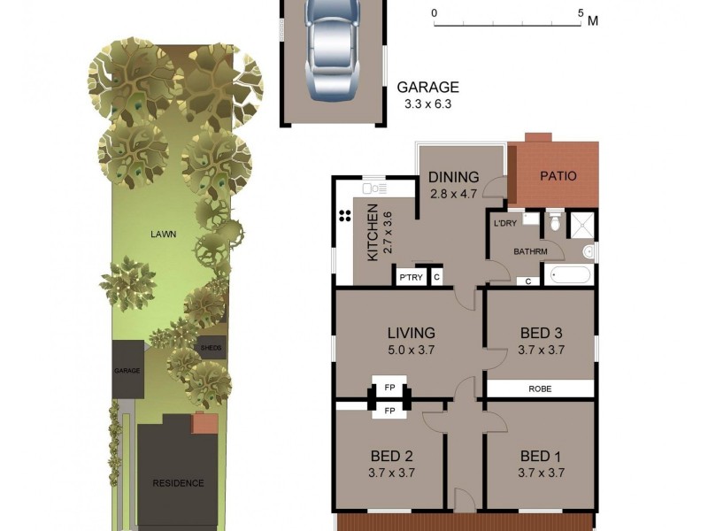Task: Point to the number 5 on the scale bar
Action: click(x=581, y=13)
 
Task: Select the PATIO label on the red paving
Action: click(x=558, y=176)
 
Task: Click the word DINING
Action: click(x=453, y=177)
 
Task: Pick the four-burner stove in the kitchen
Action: click(x=342, y=219)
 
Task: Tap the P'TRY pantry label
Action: click(x=410, y=278)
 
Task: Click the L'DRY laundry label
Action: click(x=504, y=223)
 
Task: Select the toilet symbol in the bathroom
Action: click(x=555, y=222)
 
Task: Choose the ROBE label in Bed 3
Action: click(x=541, y=389)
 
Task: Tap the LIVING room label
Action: click(x=411, y=334)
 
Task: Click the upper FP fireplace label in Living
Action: click(x=389, y=388)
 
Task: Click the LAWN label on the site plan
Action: click(x=163, y=235)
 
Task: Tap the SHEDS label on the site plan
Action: click(x=212, y=347)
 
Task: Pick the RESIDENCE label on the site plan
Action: click(x=178, y=483)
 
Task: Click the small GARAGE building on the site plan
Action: click(x=127, y=369)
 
